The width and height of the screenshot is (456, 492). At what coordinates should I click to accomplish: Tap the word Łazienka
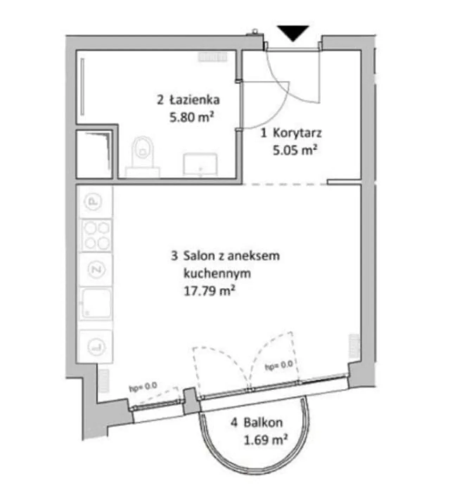coord(195,100)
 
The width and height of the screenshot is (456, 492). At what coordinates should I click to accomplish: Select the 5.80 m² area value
coord(191,117)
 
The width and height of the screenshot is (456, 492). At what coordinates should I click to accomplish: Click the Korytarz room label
coord(297,134)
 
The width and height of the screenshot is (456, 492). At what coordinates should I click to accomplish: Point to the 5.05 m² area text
coord(295,150)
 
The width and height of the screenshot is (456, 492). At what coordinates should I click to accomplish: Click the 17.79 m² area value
coord(209,291)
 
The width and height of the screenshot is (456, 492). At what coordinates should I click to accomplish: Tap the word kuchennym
coord(217,274)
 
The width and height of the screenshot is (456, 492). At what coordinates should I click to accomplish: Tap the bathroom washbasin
coord(200,165)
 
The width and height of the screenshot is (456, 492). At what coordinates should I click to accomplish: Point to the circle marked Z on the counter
coord(96,270)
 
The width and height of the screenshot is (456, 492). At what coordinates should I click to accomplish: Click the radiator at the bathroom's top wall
coord(212,57)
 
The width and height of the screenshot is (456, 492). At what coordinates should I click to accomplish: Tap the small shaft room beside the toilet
coord(94,154)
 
